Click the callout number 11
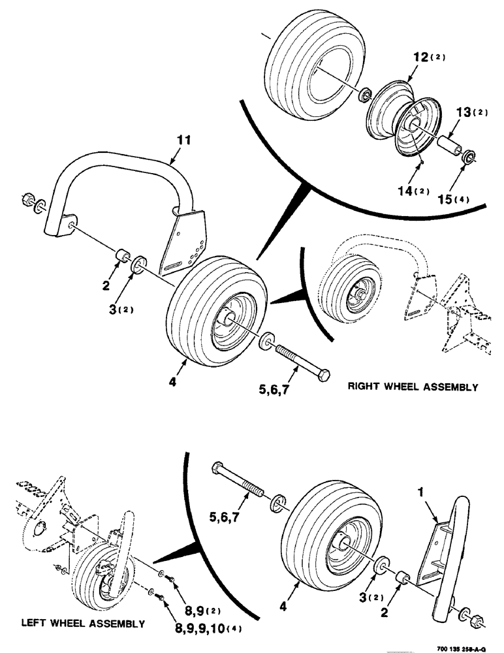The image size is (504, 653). pyautogui.click(x=183, y=139)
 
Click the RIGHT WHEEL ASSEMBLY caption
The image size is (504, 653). pyautogui.click(x=413, y=387)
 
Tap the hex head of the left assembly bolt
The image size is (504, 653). pyautogui.click(x=219, y=468)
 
